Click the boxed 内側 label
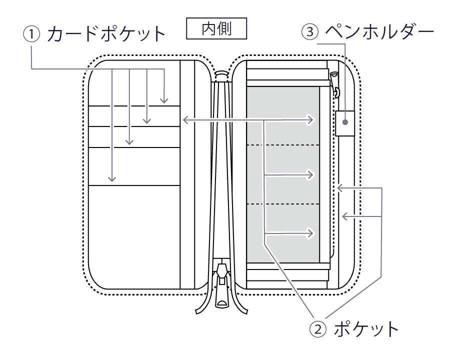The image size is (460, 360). point(216,29)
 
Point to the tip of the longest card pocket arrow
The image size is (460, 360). point(112,180)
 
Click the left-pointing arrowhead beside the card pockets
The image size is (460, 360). point(184,120)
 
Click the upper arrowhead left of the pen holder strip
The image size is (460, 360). point(338,188)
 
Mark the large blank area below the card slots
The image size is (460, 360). point(133,235)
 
